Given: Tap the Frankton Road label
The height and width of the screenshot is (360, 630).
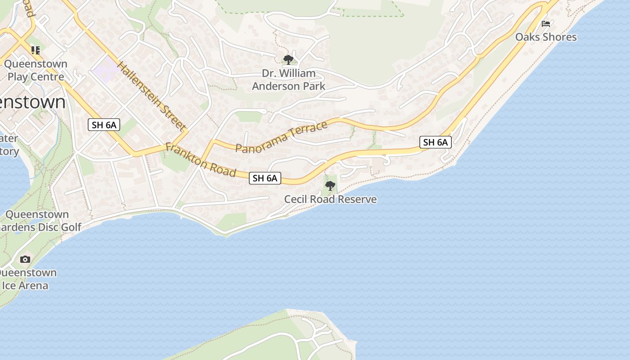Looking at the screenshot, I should pos(201,160).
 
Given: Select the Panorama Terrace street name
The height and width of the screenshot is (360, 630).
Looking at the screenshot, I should pos(281,137).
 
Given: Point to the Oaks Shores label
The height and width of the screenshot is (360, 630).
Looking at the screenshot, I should pos(546,37).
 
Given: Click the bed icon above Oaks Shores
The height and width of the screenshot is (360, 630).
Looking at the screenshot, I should pos(546,24).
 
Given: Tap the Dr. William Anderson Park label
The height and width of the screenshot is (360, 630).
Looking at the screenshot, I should pos(288,80).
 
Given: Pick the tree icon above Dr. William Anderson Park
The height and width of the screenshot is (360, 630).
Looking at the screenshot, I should pos(288,59).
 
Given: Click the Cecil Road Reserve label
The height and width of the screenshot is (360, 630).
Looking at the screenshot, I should pos(330,199).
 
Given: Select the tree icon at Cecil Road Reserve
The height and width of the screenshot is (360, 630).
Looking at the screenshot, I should pos(330,185).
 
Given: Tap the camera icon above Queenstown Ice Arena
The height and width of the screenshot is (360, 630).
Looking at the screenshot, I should pos(25,259).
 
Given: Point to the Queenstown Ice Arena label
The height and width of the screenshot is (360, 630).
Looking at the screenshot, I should pos(27,279).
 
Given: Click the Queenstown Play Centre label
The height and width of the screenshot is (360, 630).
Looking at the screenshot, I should pos(36,70).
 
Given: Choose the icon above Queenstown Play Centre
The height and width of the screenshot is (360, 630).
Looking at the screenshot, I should pos(35,50).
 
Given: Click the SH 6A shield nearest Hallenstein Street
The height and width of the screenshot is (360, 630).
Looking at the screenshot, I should pos(104,125).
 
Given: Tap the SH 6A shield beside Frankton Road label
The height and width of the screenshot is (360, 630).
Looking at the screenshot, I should pos(265,178).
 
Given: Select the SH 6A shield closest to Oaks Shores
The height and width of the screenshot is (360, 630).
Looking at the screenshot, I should pos(436,143).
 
